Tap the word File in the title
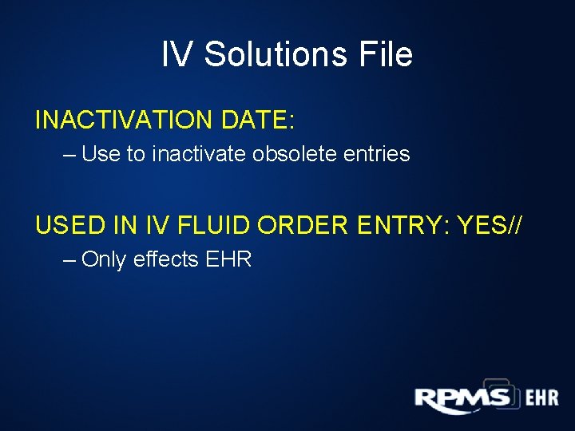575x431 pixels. point(386,54)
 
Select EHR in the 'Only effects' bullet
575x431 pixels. point(230,259)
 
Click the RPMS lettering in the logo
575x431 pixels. point(462,398)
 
